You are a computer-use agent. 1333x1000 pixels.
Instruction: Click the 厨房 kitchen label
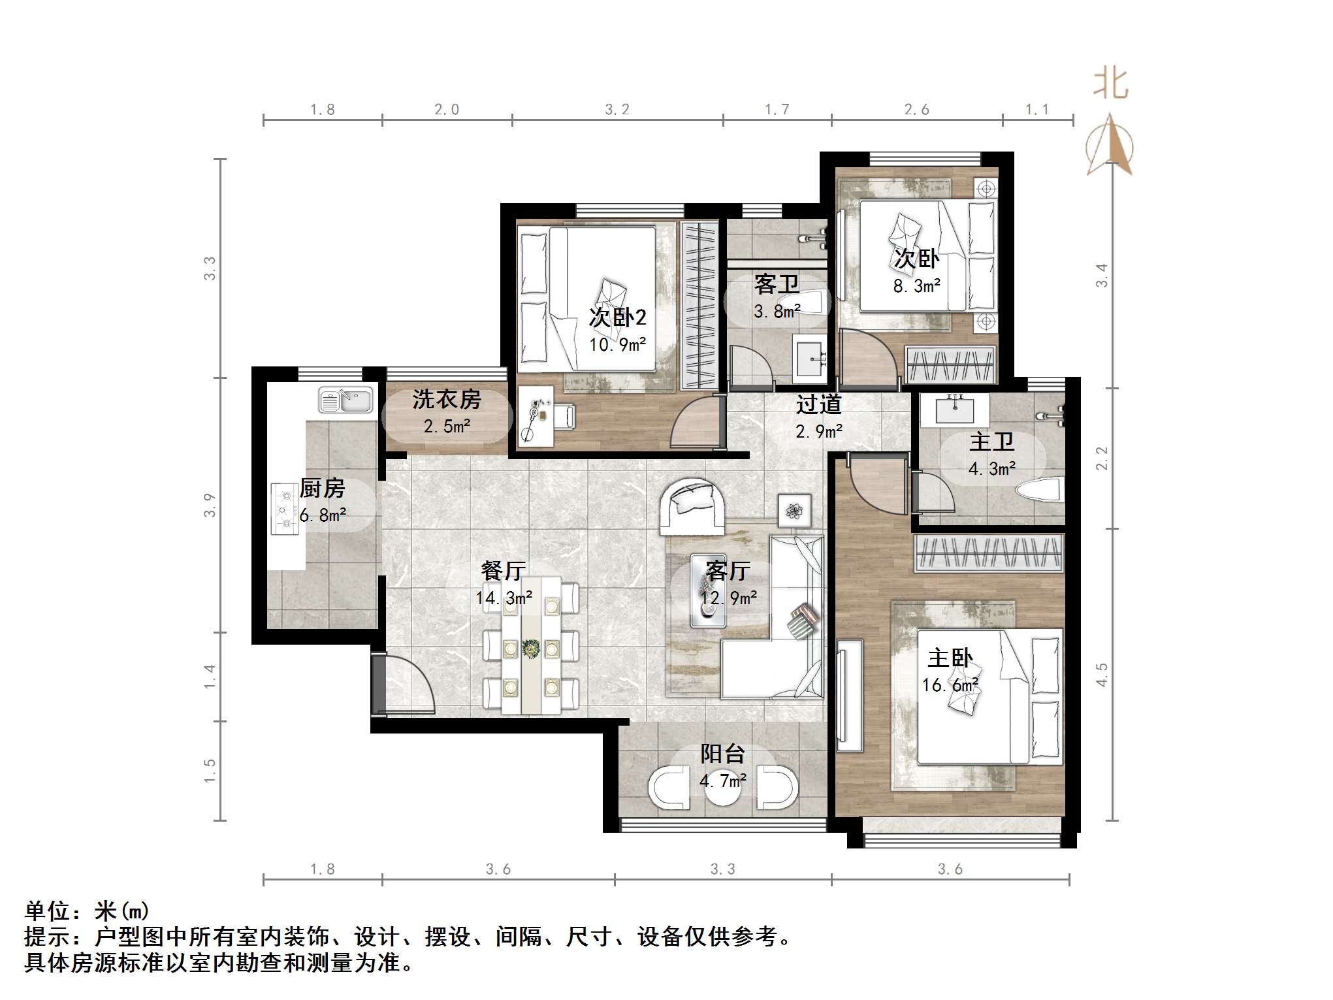[x=322, y=489]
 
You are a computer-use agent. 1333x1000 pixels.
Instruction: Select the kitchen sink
[x=345, y=400]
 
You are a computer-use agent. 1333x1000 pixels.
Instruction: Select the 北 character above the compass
[x=1111, y=84]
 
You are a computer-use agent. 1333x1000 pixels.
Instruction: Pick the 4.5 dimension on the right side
[x=1102, y=675]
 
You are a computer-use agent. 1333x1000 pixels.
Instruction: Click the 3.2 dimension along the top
[x=617, y=110]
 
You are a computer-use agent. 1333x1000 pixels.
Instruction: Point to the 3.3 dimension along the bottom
[x=722, y=869]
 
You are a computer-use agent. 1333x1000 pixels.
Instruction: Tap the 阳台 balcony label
[x=722, y=754]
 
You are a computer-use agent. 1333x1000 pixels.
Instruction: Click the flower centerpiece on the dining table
[x=530, y=648]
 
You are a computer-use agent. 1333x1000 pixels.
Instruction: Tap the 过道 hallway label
[x=818, y=405]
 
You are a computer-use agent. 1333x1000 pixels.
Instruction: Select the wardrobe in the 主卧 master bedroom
[x=988, y=552]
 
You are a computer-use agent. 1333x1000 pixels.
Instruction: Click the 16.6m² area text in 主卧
[x=950, y=685]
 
